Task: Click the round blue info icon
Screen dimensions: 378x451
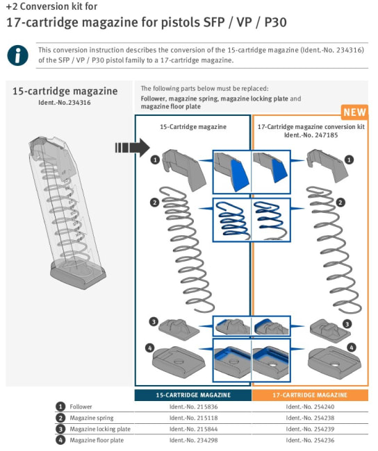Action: point(17,56)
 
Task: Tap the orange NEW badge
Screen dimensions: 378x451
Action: point(354,112)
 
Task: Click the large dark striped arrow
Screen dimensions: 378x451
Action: point(132,148)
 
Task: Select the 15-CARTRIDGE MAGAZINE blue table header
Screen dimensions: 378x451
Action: point(193,395)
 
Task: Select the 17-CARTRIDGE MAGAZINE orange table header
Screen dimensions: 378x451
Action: point(310,395)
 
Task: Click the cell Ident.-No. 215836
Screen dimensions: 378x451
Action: point(193,407)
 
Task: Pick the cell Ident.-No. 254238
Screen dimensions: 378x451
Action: point(310,418)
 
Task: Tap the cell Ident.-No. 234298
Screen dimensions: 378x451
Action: point(193,440)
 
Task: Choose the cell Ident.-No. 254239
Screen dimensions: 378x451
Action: point(310,429)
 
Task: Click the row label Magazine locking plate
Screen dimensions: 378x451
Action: point(100,429)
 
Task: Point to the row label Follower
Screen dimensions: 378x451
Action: point(81,407)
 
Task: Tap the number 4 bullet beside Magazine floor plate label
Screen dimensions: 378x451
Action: point(60,440)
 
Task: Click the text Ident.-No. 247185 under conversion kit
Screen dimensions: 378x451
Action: point(311,135)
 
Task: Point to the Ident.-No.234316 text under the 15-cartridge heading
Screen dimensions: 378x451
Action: point(64,103)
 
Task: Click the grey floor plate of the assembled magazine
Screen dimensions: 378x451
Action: point(78,275)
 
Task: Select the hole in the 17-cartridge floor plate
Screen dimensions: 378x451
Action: point(334,365)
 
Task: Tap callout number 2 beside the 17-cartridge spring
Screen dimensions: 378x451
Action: point(340,203)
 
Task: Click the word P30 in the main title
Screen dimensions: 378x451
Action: point(275,22)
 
